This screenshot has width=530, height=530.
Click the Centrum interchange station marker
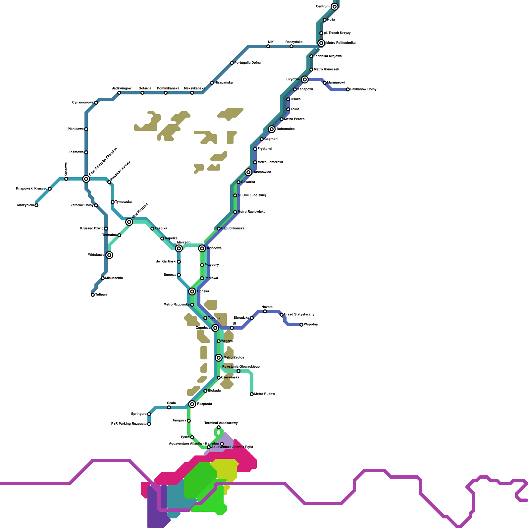pos(335,7)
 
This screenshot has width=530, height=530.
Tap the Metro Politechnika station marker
pos(321,43)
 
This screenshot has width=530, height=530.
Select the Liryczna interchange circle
pos(305,79)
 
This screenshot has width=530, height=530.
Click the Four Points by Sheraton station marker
pos(86,179)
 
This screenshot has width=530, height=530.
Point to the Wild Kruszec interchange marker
pos(129,222)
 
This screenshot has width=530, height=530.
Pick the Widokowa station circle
pos(109,255)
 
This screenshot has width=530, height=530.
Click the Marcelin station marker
pos(179,248)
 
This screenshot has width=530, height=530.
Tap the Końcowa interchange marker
pos(202,248)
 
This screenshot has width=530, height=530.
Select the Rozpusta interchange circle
pos(192,404)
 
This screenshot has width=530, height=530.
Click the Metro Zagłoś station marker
pos(219,358)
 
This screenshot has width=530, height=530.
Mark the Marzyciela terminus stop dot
pos(36,205)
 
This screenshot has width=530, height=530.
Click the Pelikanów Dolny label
pos(363,89)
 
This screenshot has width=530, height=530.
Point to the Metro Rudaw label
pos(265,394)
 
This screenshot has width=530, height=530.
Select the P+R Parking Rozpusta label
pos(129,424)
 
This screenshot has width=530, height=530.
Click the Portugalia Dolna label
pos(247,63)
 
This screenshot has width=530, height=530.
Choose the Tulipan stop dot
pos(93,295)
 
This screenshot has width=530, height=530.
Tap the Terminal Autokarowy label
pos(221,423)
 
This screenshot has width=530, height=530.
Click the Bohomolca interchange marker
pos(272,129)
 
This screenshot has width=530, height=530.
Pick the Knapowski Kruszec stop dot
pos(50,189)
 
